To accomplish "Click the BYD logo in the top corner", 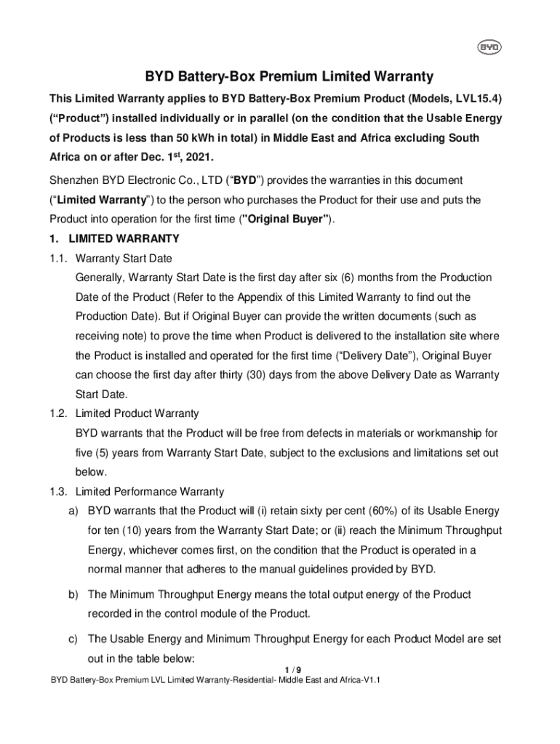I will point(487,48).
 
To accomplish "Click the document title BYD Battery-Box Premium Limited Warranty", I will point(289,76).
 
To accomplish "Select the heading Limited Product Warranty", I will point(137,413).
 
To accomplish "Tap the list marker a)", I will point(73,511).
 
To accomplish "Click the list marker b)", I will point(73,594).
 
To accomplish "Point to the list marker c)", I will point(73,639).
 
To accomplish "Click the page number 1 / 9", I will point(289,669).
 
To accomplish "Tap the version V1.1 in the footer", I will point(370,680).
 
